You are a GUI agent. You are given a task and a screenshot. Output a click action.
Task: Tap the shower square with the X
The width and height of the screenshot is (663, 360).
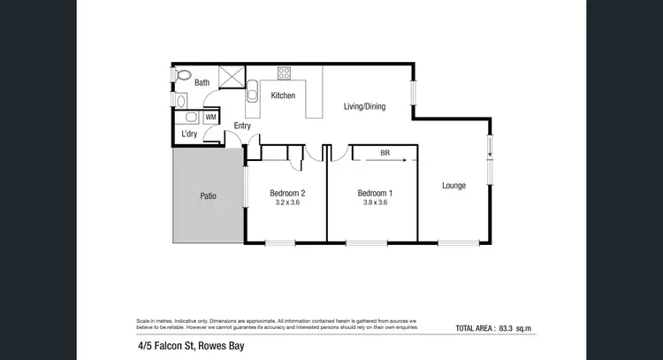[232, 77]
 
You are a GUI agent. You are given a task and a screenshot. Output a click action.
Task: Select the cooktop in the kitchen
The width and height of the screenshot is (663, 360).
[285, 73]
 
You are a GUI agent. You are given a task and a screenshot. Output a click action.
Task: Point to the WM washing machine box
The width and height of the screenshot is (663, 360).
[210, 116]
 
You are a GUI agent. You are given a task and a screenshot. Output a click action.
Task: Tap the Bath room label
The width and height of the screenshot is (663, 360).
[202, 83]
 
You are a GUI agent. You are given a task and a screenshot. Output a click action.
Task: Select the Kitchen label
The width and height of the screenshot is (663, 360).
[283, 96]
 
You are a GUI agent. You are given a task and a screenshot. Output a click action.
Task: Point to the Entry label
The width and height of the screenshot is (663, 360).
[242, 126]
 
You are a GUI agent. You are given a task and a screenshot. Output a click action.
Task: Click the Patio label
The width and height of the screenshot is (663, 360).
[209, 195]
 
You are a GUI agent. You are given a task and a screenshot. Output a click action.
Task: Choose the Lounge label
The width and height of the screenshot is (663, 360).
[454, 185]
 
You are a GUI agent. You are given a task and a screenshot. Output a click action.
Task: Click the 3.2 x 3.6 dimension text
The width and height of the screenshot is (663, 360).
[287, 203]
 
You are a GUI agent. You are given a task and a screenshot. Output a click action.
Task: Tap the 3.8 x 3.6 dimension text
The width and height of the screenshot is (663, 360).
[375, 203]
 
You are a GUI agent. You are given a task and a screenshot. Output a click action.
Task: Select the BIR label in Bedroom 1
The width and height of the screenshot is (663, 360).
[385, 153]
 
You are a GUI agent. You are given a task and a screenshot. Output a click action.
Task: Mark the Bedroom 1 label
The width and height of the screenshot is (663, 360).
[375, 193]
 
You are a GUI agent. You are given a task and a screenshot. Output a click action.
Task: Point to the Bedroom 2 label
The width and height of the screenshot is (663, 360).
[287, 193]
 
